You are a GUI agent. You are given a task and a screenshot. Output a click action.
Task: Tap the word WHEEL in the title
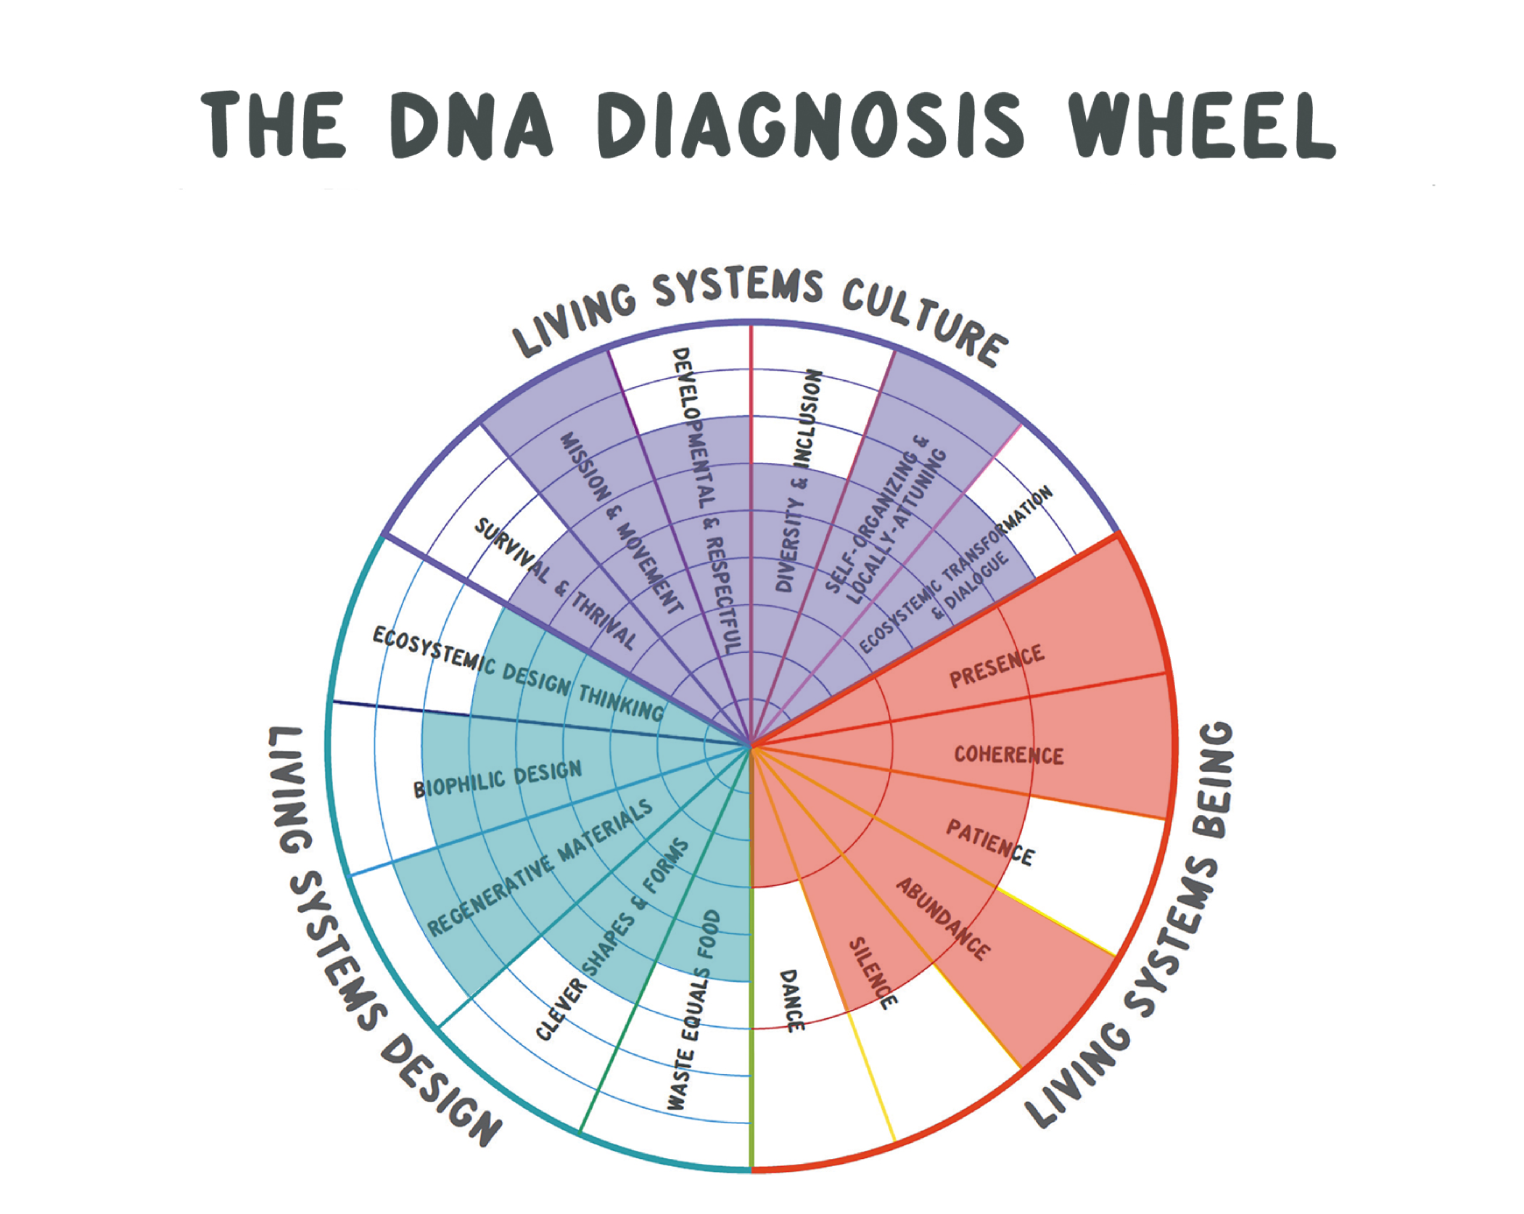coord(1200,125)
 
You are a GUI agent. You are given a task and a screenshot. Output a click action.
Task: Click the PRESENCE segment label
coord(997,665)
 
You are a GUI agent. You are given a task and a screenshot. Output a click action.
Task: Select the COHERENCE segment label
coord(1008,755)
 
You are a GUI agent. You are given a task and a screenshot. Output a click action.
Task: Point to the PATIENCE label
coord(990,842)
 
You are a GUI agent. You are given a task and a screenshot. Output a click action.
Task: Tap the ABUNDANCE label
coord(942,918)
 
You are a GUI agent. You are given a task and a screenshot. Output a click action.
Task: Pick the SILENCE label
coord(873,972)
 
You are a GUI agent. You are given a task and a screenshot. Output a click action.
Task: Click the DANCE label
coord(791,1000)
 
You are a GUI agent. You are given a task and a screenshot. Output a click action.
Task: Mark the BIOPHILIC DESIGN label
coord(498,779)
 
